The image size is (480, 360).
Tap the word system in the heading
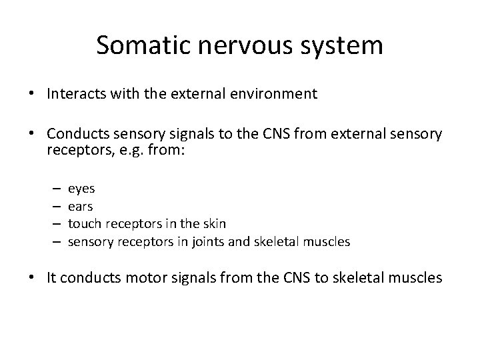(341, 46)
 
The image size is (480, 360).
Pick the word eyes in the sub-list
(81, 189)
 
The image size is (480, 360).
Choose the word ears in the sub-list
(81, 207)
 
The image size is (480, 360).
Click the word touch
(83, 224)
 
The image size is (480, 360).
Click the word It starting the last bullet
(53, 277)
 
